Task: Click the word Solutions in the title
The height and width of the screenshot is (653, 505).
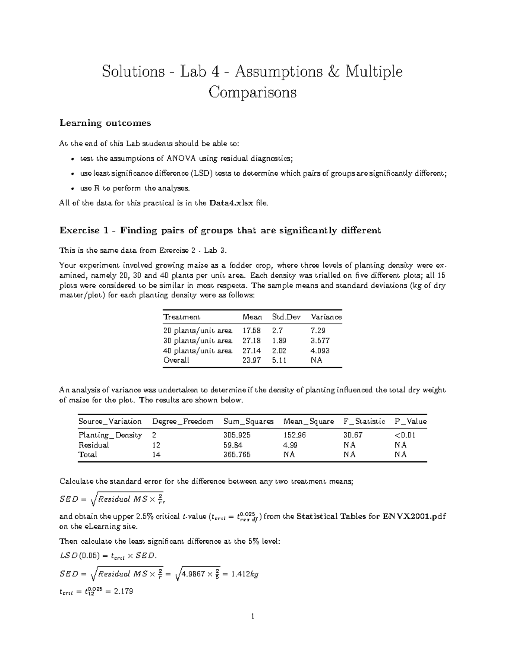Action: coord(133,71)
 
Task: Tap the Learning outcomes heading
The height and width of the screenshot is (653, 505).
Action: coord(105,123)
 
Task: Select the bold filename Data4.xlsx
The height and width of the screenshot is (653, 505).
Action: coord(231,203)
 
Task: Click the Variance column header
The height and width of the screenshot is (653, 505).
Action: coord(326,317)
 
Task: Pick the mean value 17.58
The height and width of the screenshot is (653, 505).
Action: coord(251,331)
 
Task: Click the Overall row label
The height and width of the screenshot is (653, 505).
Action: coord(176,360)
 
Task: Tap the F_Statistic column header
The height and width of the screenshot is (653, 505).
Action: coord(364,421)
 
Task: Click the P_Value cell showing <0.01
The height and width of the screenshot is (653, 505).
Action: coord(405,435)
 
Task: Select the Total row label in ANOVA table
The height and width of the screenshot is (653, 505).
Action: coord(88,455)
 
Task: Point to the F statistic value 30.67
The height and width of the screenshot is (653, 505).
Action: coord(353,435)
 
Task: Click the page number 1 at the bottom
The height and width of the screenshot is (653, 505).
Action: coord(252,617)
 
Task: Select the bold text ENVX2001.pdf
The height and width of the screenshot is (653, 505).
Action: coord(414,516)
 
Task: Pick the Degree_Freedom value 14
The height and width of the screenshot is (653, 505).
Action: coord(156,455)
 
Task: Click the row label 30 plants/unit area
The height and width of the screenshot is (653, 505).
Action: coord(197,341)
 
